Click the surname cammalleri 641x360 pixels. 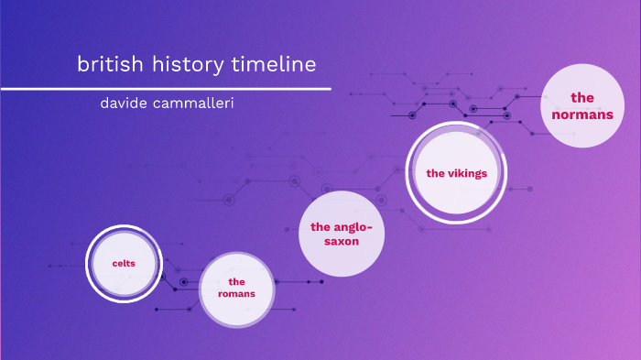click(x=196, y=103)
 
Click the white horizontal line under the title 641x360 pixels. click(x=165, y=89)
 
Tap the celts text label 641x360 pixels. click(x=124, y=264)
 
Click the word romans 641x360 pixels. click(x=236, y=294)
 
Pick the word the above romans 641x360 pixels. click(x=237, y=281)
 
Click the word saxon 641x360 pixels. click(x=341, y=241)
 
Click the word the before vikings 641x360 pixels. click(x=435, y=173)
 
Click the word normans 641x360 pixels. click(x=581, y=114)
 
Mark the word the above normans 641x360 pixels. click(x=581, y=97)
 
